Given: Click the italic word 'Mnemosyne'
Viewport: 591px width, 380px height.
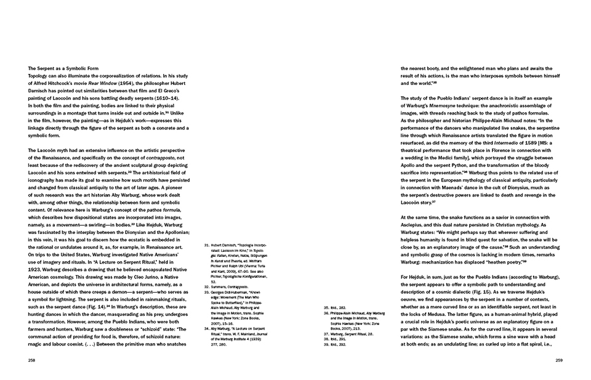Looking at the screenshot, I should click(x=450, y=105).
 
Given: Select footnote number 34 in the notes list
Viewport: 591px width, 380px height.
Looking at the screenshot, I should click(x=207, y=328).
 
